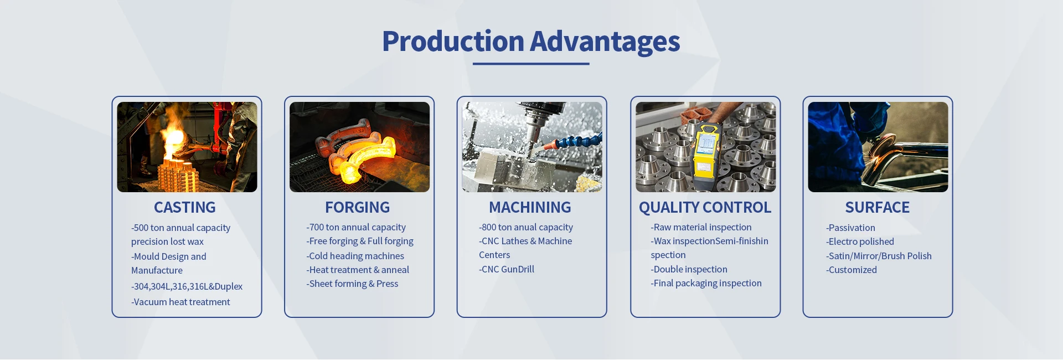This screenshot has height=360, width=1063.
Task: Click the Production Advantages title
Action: pyautogui.click(x=531, y=42)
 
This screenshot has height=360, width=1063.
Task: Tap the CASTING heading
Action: pyautogui.click(x=185, y=207)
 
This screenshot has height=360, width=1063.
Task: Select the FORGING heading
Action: pyautogui.click(x=358, y=207)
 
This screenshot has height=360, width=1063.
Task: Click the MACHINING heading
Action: pyautogui.click(x=530, y=207)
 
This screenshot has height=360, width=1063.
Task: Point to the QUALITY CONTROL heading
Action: pyautogui.click(x=705, y=207)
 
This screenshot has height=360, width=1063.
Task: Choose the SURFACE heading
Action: pyautogui.click(x=878, y=207)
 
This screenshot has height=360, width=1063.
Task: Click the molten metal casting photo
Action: pyautogui.click(x=187, y=147)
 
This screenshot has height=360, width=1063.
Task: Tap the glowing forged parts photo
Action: pyautogui.click(x=359, y=147)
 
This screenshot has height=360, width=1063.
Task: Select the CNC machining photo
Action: pyautogui.click(x=532, y=147)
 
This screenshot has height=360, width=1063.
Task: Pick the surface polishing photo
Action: pyautogui.click(x=878, y=147)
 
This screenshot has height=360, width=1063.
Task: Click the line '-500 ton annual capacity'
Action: pyautogui.click(x=180, y=228)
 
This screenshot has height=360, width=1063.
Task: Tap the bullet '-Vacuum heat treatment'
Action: pyautogui.click(x=180, y=302)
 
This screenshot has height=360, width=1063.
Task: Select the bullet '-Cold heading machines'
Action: pyautogui.click(x=355, y=256)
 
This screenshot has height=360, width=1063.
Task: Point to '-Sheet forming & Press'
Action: pyautogui.click(x=352, y=284)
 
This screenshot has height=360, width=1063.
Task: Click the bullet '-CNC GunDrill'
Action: pyautogui.click(x=507, y=269)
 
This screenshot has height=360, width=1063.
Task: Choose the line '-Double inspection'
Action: pyautogui.click(x=689, y=269)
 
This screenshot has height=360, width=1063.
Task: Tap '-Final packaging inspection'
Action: pyautogui.click(x=706, y=283)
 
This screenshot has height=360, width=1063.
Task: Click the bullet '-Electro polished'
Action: pyautogui.click(x=860, y=241)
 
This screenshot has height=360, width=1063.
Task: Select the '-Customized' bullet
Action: pyautogui.click(x=852, y=270)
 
